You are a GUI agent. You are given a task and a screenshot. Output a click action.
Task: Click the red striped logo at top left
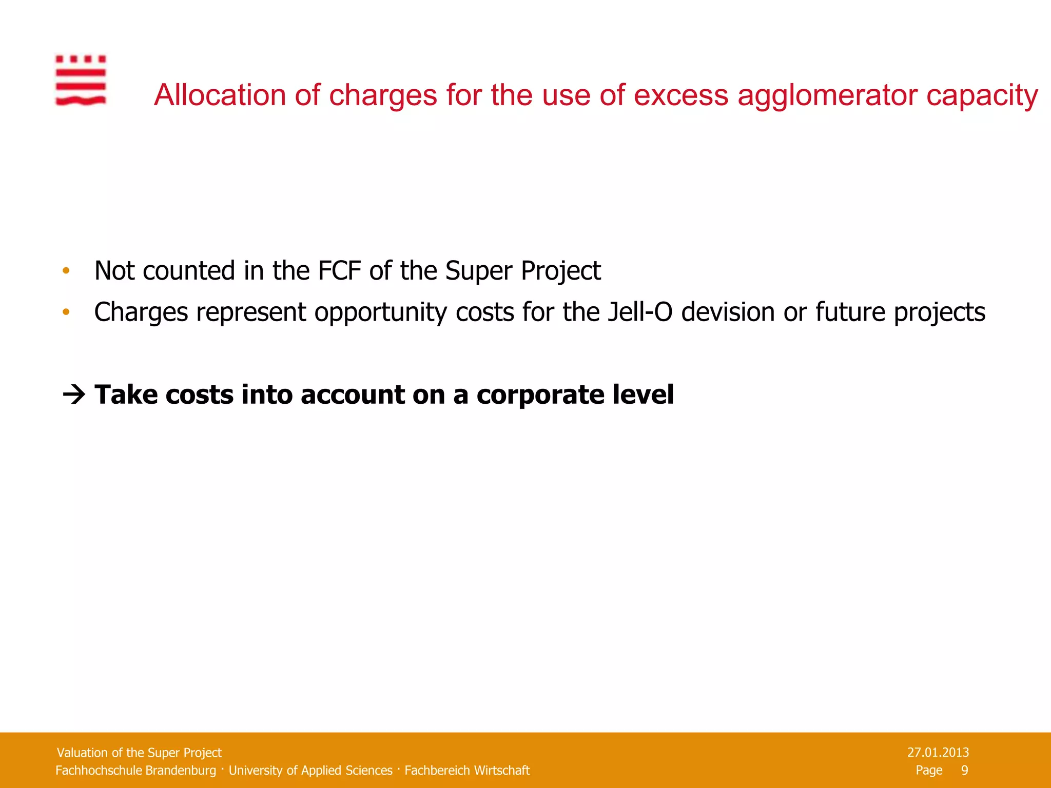[81, 80]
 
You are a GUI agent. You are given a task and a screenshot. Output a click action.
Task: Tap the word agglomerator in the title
[827, 96]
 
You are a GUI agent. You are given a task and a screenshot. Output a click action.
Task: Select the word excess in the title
[681, 95]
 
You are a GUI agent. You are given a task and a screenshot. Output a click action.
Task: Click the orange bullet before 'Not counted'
[65, 271]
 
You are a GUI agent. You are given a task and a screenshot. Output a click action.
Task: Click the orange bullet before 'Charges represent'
[65, 312]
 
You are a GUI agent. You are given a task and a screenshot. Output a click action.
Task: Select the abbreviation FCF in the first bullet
[339, 270]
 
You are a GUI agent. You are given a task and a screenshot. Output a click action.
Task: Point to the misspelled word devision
[728, 312]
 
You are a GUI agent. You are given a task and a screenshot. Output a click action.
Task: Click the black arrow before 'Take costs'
[74, 395]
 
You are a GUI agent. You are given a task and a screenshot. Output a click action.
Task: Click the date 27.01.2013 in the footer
[938, 753]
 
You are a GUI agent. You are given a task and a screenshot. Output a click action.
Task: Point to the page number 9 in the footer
[964, 770]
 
